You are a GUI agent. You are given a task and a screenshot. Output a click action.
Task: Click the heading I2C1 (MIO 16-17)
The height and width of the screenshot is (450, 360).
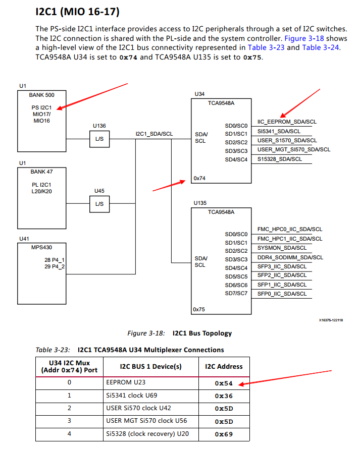click(x=77, y=11)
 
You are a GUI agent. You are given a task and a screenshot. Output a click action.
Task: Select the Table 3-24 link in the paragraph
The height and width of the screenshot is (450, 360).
click(x=321, y=47)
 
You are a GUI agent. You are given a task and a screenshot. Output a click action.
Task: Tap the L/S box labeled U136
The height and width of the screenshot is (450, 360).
click(x=99, y=139)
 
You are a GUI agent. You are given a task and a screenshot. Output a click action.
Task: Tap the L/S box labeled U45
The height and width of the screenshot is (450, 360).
click(x=99, y=203)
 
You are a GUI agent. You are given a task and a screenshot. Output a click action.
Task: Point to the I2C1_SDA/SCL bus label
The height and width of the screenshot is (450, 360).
click(x=154, y=134)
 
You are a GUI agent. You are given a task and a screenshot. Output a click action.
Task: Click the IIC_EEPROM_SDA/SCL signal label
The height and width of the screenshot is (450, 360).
click(x=287, y=122)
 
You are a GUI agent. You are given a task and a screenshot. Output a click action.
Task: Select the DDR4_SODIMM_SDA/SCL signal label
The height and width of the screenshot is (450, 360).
click(x=290, y=257)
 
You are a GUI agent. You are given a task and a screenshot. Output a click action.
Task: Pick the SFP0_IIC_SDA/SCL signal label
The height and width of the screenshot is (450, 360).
click(x=282, y=294)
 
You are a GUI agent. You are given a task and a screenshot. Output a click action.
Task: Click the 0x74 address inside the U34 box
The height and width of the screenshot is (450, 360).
click(x=199, y=178)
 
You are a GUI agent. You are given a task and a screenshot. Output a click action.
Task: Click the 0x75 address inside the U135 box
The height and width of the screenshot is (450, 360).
click(x=199, y=309)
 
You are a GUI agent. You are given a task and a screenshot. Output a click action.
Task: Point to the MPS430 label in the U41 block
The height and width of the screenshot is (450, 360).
click(x=41, y=247)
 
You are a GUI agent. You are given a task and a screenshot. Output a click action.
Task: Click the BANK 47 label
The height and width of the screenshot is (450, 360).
click(x=41, y=172)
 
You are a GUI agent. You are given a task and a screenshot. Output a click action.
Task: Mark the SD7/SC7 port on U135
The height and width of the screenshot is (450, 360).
click(x=236, y=294)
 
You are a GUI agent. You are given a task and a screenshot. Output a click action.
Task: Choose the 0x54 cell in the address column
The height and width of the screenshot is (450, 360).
click(x=224, y=383)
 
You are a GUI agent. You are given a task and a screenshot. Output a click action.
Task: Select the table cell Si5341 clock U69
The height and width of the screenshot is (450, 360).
click(x=131, y=396)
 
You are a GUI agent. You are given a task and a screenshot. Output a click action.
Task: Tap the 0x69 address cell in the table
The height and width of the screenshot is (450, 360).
click(x=224, y=434)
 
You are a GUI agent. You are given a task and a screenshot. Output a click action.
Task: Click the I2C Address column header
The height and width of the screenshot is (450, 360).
click(x=224, y=366)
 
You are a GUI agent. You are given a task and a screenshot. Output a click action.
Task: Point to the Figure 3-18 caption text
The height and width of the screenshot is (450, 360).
click(x=179, y=333)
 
